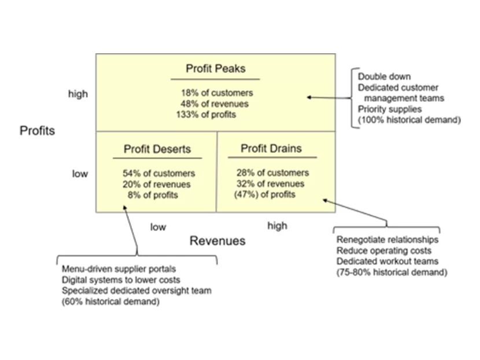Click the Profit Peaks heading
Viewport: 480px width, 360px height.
coord(215,69)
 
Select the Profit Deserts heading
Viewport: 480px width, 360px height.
coord(157,149)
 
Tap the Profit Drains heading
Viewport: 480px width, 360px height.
coord(271,149)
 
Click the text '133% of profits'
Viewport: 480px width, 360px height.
coord(206,115)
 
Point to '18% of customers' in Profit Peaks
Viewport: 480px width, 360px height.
coord(216,93)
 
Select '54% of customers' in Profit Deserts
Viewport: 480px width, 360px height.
coord(158,173)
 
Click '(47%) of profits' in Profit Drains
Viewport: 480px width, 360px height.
coord(264,194)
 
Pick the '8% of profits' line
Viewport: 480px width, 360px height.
coord(153,195)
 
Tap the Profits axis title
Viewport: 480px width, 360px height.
coord(37,131)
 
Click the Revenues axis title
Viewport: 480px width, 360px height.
coord(217,241)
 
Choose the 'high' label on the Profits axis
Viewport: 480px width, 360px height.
coord(77,94)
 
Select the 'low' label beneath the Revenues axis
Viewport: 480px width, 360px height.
coord(158,227)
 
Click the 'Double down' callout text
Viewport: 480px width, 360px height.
coord(383,76)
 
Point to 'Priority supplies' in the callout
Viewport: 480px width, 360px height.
coord(389,109)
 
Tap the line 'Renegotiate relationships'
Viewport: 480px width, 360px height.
coord(387,239)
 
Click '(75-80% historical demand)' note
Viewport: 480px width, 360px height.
coord(391,272)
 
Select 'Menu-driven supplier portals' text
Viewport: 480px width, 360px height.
coord(119,269)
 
